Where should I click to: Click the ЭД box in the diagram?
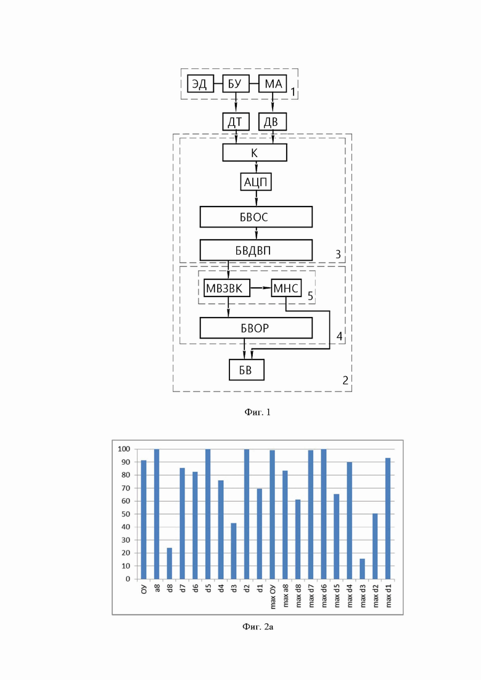pyautogui.click(x=200, y=84)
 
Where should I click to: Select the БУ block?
pyautogui.click(x=236, y=84)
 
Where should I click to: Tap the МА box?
pyautogui.click(x=273, y=84)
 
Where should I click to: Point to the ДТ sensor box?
pyautogui.click(x=236, y=122)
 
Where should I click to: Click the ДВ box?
pyautogui.click(x=273, y=122)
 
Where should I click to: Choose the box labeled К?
pyautogui.click(x=255, y=153)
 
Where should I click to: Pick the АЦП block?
pyautogui.click(x=256, y=182)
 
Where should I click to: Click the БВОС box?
pyautogui.click(x=256, y=217)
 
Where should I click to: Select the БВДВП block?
pyautogui.click(x=256, y=250)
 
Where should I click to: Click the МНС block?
pyautogui.click(x=286, y=288)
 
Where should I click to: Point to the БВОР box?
pyautogui.click(x=256, y=328)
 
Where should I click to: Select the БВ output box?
pyautogui.click(x=246, y=370)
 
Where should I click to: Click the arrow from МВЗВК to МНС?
pyautogui.click(x=261, y=288)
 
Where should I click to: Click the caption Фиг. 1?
pyautogui.click(x=257, y=412)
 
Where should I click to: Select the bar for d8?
pyautogui.click(x=170, y=563)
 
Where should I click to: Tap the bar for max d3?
pyautogui.click(x=362, y=569)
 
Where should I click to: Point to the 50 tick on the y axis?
pyautogui.click(x=126, y=514)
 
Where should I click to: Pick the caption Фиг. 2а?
pyautogui.click(x=258, y=626)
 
